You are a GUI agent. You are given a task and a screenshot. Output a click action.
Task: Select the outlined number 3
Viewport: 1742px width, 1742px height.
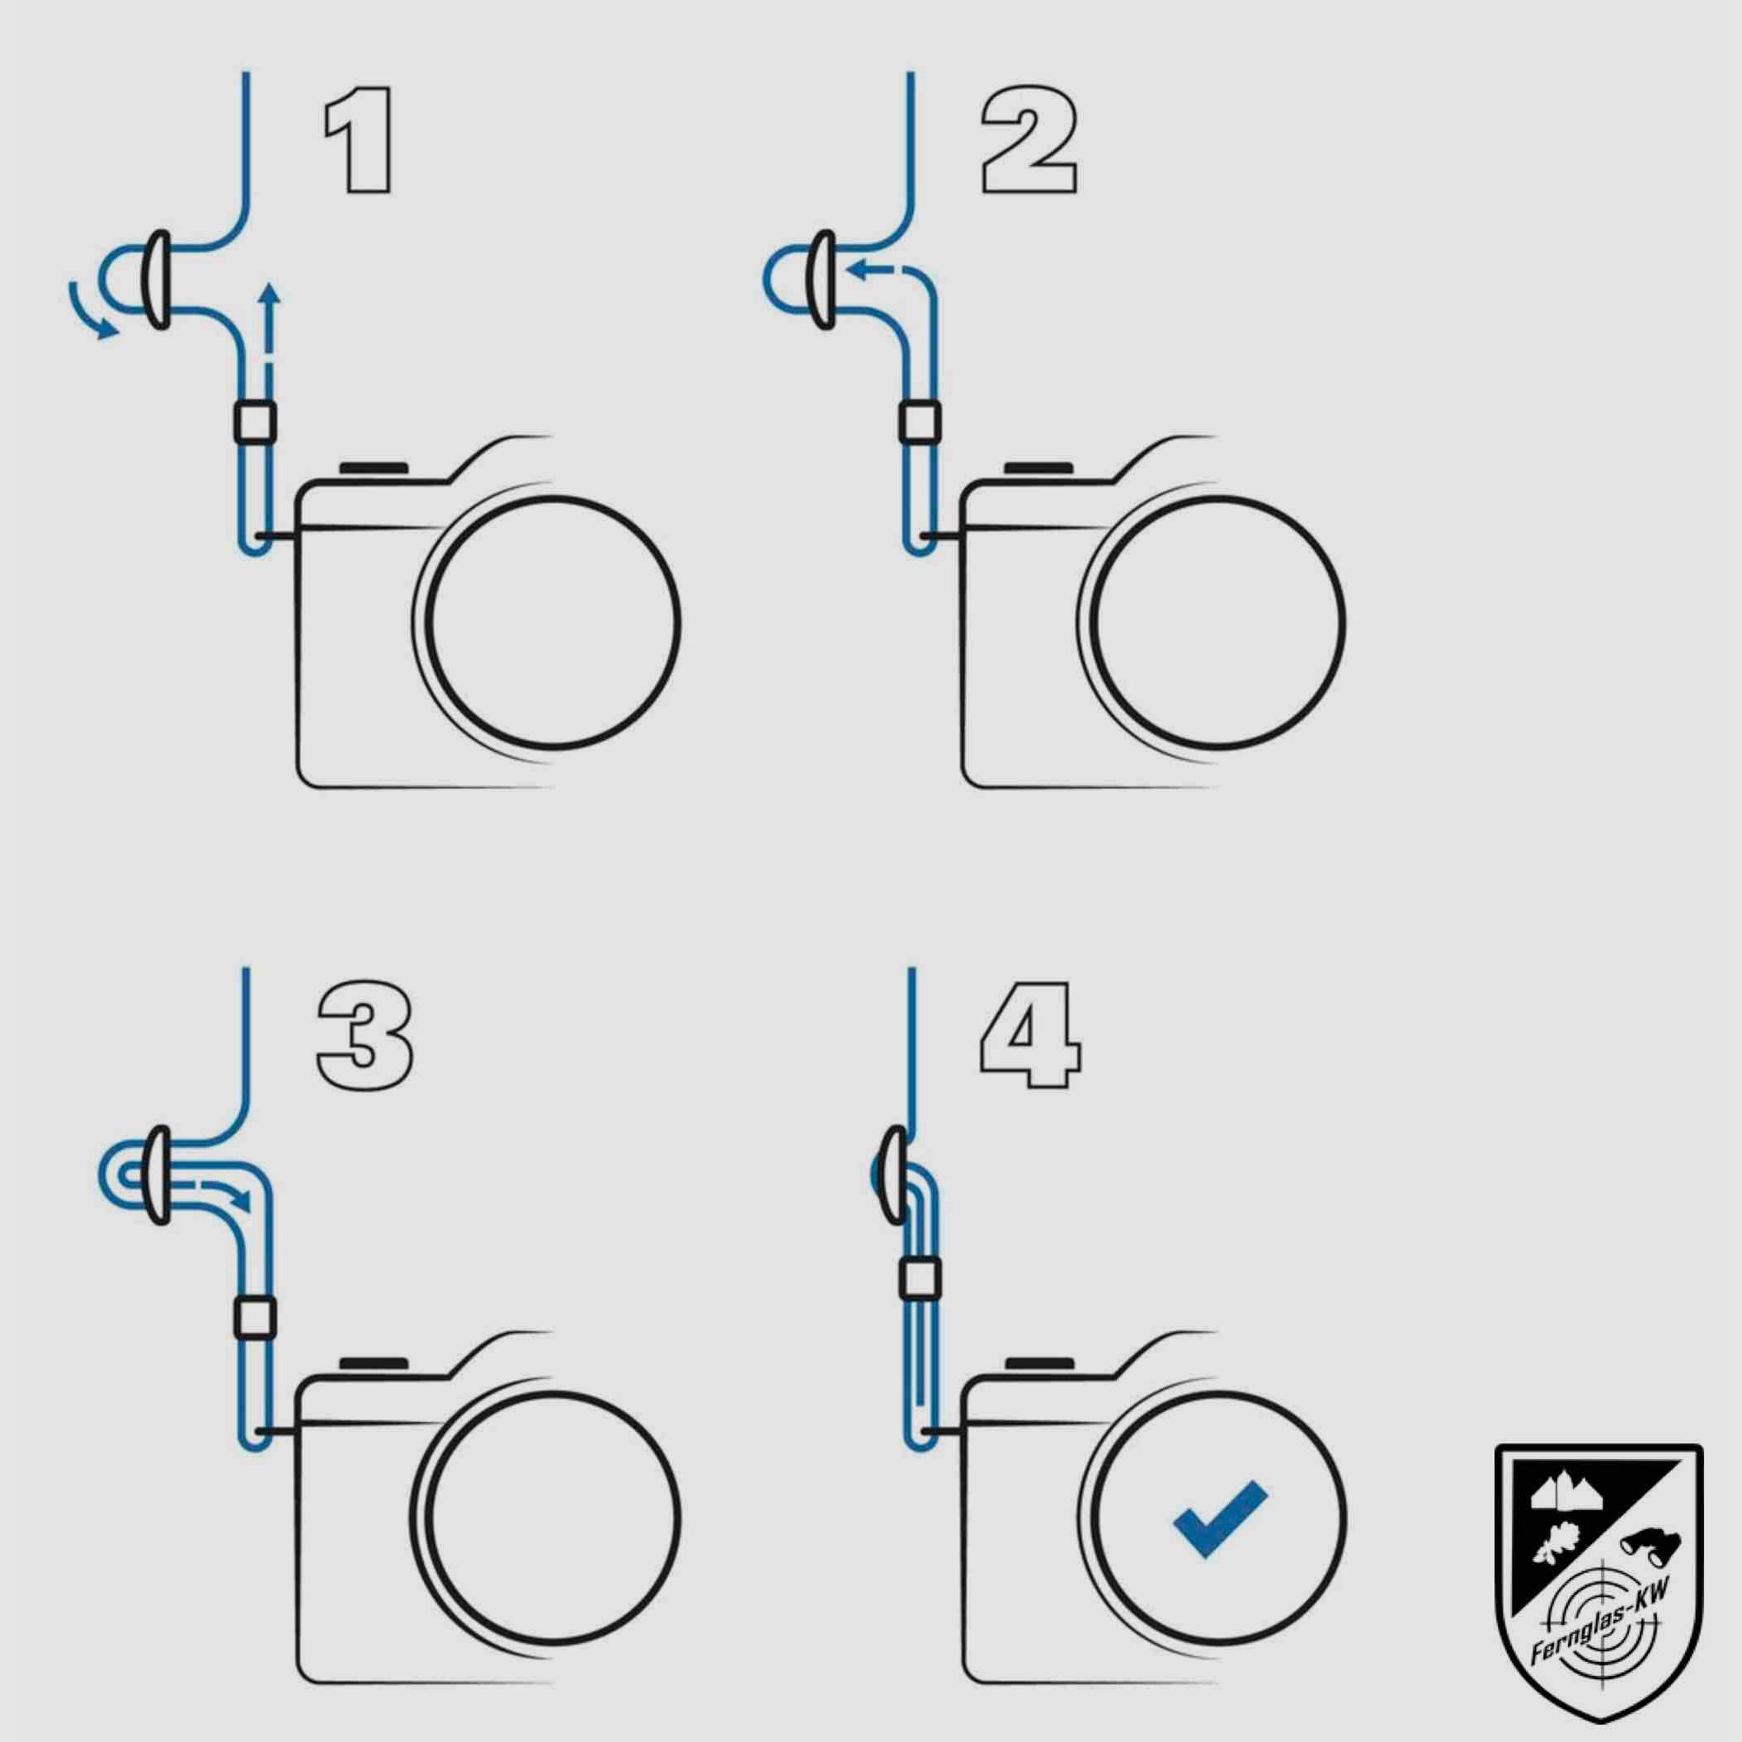365,1037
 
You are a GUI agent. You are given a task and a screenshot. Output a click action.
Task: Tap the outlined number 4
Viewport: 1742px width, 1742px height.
1030,1035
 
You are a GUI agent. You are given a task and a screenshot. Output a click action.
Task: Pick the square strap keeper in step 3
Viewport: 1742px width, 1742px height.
254,1316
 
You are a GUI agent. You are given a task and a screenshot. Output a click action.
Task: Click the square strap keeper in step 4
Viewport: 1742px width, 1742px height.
920,1278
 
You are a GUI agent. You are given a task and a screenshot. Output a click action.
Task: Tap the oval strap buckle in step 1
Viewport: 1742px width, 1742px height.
158,280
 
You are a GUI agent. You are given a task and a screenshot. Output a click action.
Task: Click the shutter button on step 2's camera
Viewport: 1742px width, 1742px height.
1038,468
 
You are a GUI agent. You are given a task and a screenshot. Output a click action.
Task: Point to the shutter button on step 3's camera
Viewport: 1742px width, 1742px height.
374,1364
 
